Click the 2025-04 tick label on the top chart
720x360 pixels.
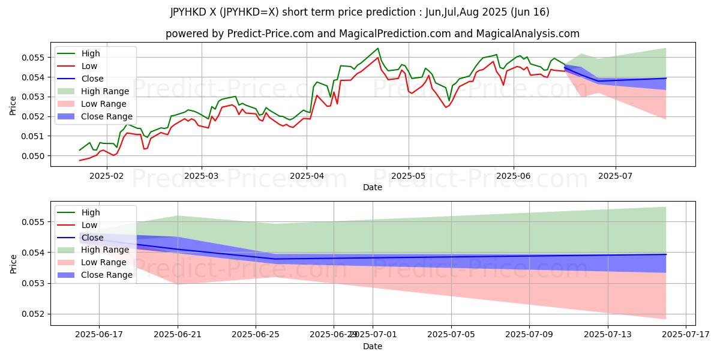point(307,175)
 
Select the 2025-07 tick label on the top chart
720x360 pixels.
point(616,175)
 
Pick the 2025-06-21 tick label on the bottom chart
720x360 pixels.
point(178,334)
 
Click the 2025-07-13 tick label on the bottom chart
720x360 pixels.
point(608,334)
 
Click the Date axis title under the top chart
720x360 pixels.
point(373,187)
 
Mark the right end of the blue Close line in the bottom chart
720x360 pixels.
point(666,254)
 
